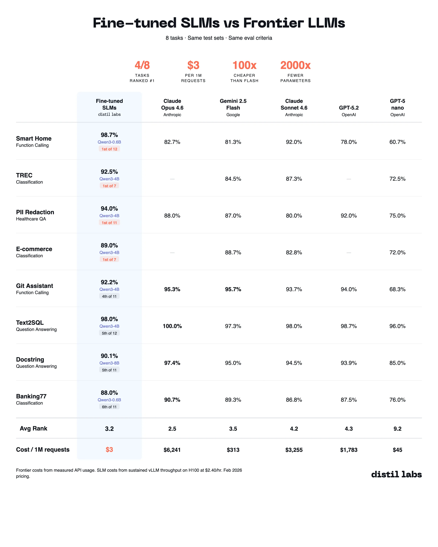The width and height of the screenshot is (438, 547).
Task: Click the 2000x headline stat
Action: click(295, 65)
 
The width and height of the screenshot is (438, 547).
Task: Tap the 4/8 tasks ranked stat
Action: click(142, 65)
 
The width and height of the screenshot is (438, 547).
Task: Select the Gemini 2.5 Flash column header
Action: click(233, 104)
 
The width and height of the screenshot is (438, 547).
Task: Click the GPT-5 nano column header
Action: click(397, 104)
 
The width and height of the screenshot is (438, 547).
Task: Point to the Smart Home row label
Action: click(34, 139)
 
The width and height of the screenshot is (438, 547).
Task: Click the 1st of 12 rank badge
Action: click(109, 149)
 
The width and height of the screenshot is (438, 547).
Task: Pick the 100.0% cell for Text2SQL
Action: click(172, 326)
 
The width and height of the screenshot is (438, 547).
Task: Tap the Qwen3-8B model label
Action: click(109, 363)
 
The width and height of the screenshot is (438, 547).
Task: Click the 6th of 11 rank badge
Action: click(109, 407)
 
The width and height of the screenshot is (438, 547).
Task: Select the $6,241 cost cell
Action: click(172, 450)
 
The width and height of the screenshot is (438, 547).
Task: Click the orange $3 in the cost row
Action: click(109, 450)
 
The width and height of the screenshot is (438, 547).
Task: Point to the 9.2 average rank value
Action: click(397, 429)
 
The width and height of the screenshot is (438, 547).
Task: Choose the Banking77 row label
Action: click(31, 396)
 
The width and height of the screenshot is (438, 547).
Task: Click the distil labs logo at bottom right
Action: click(396, 474)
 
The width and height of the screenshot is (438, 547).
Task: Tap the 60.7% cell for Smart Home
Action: click(397, 142)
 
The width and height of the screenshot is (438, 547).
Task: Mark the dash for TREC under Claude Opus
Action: click(172, 179)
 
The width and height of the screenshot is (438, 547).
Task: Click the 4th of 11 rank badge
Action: click(109, 296)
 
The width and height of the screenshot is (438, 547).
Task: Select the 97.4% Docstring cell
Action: click(172, 363)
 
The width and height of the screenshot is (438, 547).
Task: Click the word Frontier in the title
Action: click(273, 23)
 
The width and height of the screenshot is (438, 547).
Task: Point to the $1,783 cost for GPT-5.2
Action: click(349, 450)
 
